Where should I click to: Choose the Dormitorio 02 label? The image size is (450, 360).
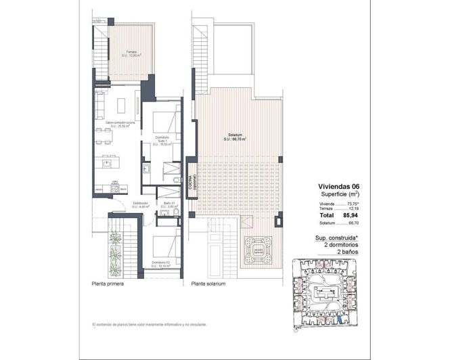pos(162,264)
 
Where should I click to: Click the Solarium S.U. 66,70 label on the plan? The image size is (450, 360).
pos(235,137)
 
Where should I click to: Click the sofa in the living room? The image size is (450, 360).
pos(99,106)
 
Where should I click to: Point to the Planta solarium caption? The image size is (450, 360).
pos(208,284)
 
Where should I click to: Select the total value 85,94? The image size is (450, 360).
pos(350,215)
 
